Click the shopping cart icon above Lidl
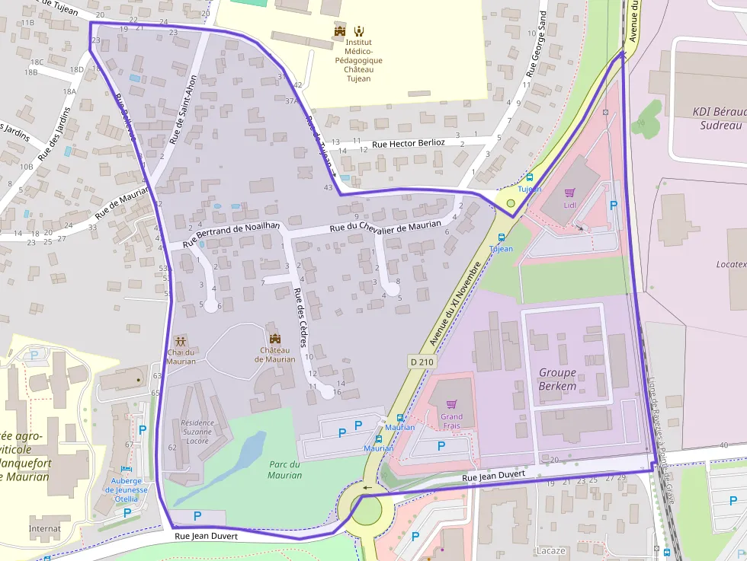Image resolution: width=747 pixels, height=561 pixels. pos(569,193)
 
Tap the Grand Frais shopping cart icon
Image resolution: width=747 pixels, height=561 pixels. pos(451,404)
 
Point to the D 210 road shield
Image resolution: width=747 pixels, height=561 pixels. pos(421,362)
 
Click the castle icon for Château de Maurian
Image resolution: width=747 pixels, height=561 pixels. pos(275,337)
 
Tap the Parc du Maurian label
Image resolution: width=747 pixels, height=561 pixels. pos(284,470)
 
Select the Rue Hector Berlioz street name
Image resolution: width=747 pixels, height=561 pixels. pos(409,143)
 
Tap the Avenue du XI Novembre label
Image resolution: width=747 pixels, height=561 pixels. pos(456,303)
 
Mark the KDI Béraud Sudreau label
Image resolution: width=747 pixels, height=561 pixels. pos(719,118)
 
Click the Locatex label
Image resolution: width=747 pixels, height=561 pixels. pos(730,264)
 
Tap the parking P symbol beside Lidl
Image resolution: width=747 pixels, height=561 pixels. pos(614,205)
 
